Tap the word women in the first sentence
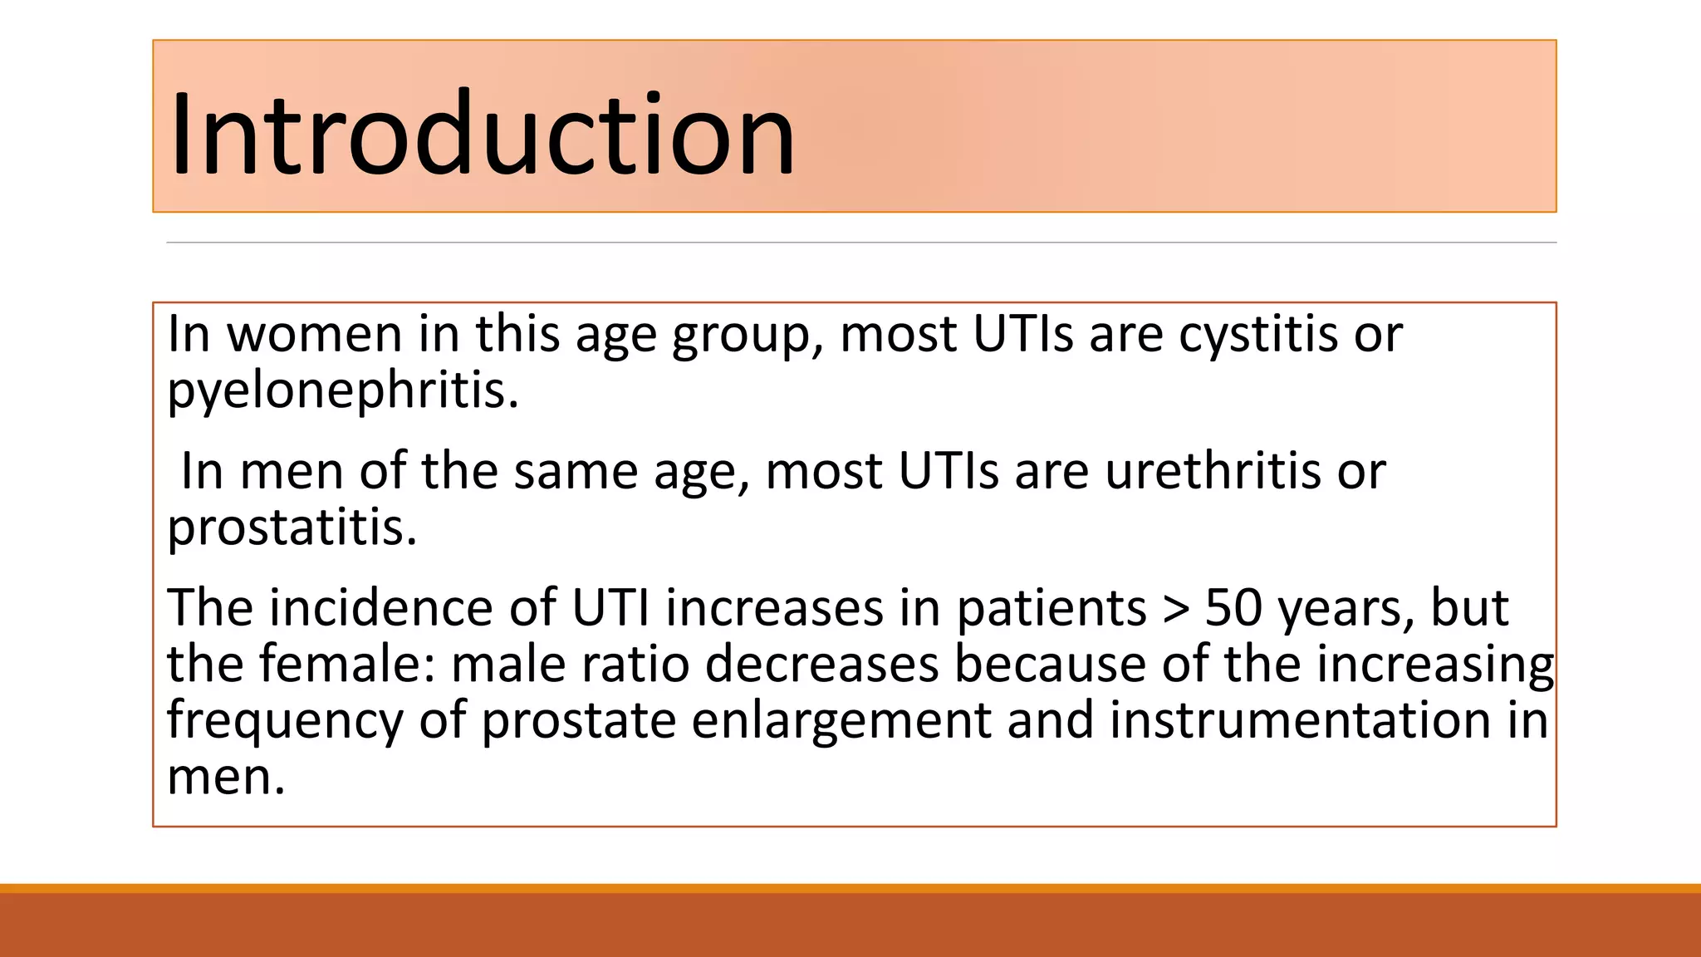[x=314, y=334]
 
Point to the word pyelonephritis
[x=342, y=390]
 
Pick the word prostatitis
[x=291, y=528]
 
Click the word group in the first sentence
[x=740, y=336]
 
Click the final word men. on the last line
[x=226, y=778]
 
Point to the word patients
[x=1051, y=608]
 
